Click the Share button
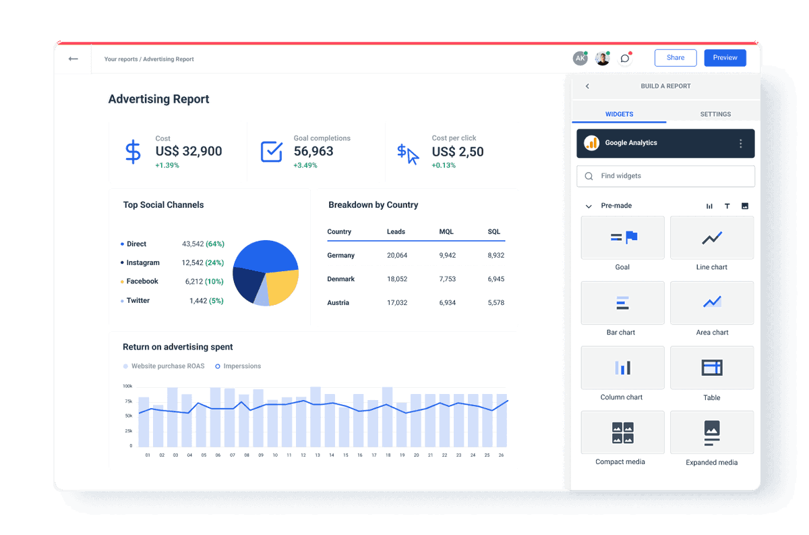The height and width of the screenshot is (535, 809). pyautogui.click(x=676, y=58)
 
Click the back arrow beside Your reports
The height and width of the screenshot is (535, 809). pyautogui.click(x=73, y=59)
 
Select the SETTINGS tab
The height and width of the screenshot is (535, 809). pyautogui.click(x=715, y=114)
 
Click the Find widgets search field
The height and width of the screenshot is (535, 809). pyautogui.click(x=665, y=176)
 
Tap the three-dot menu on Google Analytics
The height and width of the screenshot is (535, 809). pyautogui.click(x=740, y=144)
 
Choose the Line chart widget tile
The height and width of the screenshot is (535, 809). pyautogui.click(x=712, y=238)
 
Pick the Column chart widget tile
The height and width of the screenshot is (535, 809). pyautogui.click(x=622, y=368)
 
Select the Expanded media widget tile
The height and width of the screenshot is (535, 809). pyautogui.click(x=712, y=432)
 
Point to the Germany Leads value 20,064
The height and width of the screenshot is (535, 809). pyautogui.click(x=397, y=256)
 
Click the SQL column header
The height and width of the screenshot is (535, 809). pyautogui.click(x=494, y=232)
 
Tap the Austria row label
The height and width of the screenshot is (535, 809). pyautogui.click(x=338, y=303)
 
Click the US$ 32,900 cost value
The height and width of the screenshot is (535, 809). pyautogui.click(x=189, y=152)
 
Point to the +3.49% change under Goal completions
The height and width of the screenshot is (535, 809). pyautogui.click(x=305, y=165)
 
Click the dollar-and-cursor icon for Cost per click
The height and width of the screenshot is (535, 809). pyautogui.click(x=408, y=154)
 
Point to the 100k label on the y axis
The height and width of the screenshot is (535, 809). pyautogui.click(x=127, y=387)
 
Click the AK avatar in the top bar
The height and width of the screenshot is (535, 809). pyautogui.click(x=580, y=59)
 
